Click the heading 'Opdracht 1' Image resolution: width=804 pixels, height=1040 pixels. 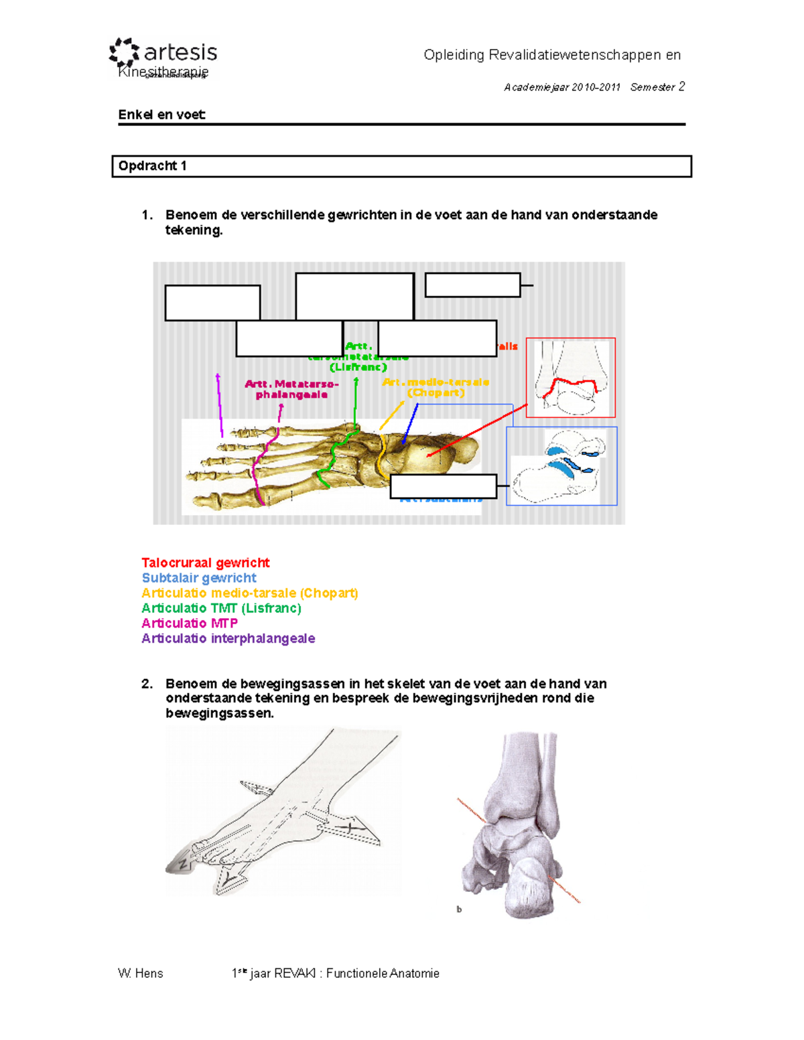(x=152, y=166)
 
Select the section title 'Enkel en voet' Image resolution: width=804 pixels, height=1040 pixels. (x=161, y=115)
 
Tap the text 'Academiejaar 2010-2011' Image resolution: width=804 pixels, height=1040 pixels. (x=562, y=87)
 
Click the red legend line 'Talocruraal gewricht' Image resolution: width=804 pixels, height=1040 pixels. (x=205, y=563)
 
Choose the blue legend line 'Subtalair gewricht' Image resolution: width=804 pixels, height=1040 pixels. (x=199, y=578)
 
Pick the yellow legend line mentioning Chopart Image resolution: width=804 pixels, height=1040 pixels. (x=249, y=593)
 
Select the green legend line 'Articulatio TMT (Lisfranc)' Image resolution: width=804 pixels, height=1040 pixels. (x=221, y=608)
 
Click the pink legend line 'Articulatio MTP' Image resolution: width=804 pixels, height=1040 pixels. (x=190, y=623)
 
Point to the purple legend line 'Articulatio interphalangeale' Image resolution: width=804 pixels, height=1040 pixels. (x=228, y=639)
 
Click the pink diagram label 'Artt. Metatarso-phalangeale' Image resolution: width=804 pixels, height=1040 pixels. (x=291, y=389)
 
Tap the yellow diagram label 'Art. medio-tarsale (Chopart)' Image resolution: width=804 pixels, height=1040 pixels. (x=435, y=387)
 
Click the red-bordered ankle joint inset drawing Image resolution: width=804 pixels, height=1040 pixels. (x=570, y=378)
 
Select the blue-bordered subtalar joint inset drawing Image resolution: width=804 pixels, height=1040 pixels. (x=561, y=466)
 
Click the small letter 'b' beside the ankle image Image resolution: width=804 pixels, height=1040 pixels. (x=459, y=909)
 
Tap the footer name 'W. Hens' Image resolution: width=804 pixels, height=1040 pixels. (x=140, y=973)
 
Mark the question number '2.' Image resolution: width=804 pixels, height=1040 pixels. (x=147, y=684)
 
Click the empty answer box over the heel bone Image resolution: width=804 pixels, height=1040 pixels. (x=443, y=487)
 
